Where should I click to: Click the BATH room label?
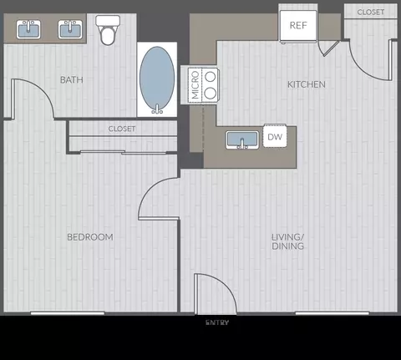pos(72,80)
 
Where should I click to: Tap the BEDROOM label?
pos(90,237)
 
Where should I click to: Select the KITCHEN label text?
pos(307,84)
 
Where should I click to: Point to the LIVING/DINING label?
pos(287,241)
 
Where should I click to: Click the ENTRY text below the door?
pos(217,322)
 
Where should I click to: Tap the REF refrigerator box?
pos(298,25)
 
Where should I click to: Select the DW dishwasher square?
pos(275,136)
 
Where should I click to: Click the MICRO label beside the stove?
pos(195,85)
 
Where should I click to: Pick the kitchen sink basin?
pos(242,139)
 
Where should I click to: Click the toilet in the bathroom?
pos(108,30)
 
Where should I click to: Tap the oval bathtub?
pos(157,79)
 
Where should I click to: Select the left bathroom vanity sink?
pos(28,29)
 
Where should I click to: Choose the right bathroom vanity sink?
pos(70,29)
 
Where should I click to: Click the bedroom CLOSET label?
pos(122,129)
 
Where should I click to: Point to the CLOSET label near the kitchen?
pos(371,12)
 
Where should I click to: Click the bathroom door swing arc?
pos(43,89)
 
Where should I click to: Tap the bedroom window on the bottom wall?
pos(68,313)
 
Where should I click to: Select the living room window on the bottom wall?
pos(332,313)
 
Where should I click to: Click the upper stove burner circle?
pos(211,76)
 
